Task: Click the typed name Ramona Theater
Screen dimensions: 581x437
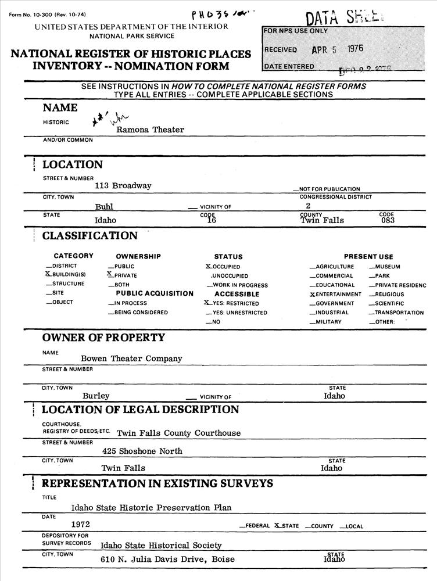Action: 150,130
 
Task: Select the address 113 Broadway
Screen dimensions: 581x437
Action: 123,186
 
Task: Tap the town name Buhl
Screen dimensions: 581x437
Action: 104,206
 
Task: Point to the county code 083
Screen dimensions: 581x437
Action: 388,220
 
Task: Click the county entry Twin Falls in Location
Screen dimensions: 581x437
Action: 322,220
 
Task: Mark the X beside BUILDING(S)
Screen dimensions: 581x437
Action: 48,274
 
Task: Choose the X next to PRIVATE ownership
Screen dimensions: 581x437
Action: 110,274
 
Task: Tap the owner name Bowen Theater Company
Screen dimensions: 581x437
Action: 131,359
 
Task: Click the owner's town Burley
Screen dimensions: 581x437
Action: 96,396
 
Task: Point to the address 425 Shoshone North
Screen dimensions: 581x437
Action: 142,451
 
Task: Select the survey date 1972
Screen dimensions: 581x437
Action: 80,524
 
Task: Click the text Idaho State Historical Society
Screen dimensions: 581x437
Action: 161,546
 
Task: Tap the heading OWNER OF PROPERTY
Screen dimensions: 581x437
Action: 103,338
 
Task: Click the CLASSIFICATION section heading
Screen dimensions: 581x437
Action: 89,236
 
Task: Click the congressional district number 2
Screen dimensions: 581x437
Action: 308,206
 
